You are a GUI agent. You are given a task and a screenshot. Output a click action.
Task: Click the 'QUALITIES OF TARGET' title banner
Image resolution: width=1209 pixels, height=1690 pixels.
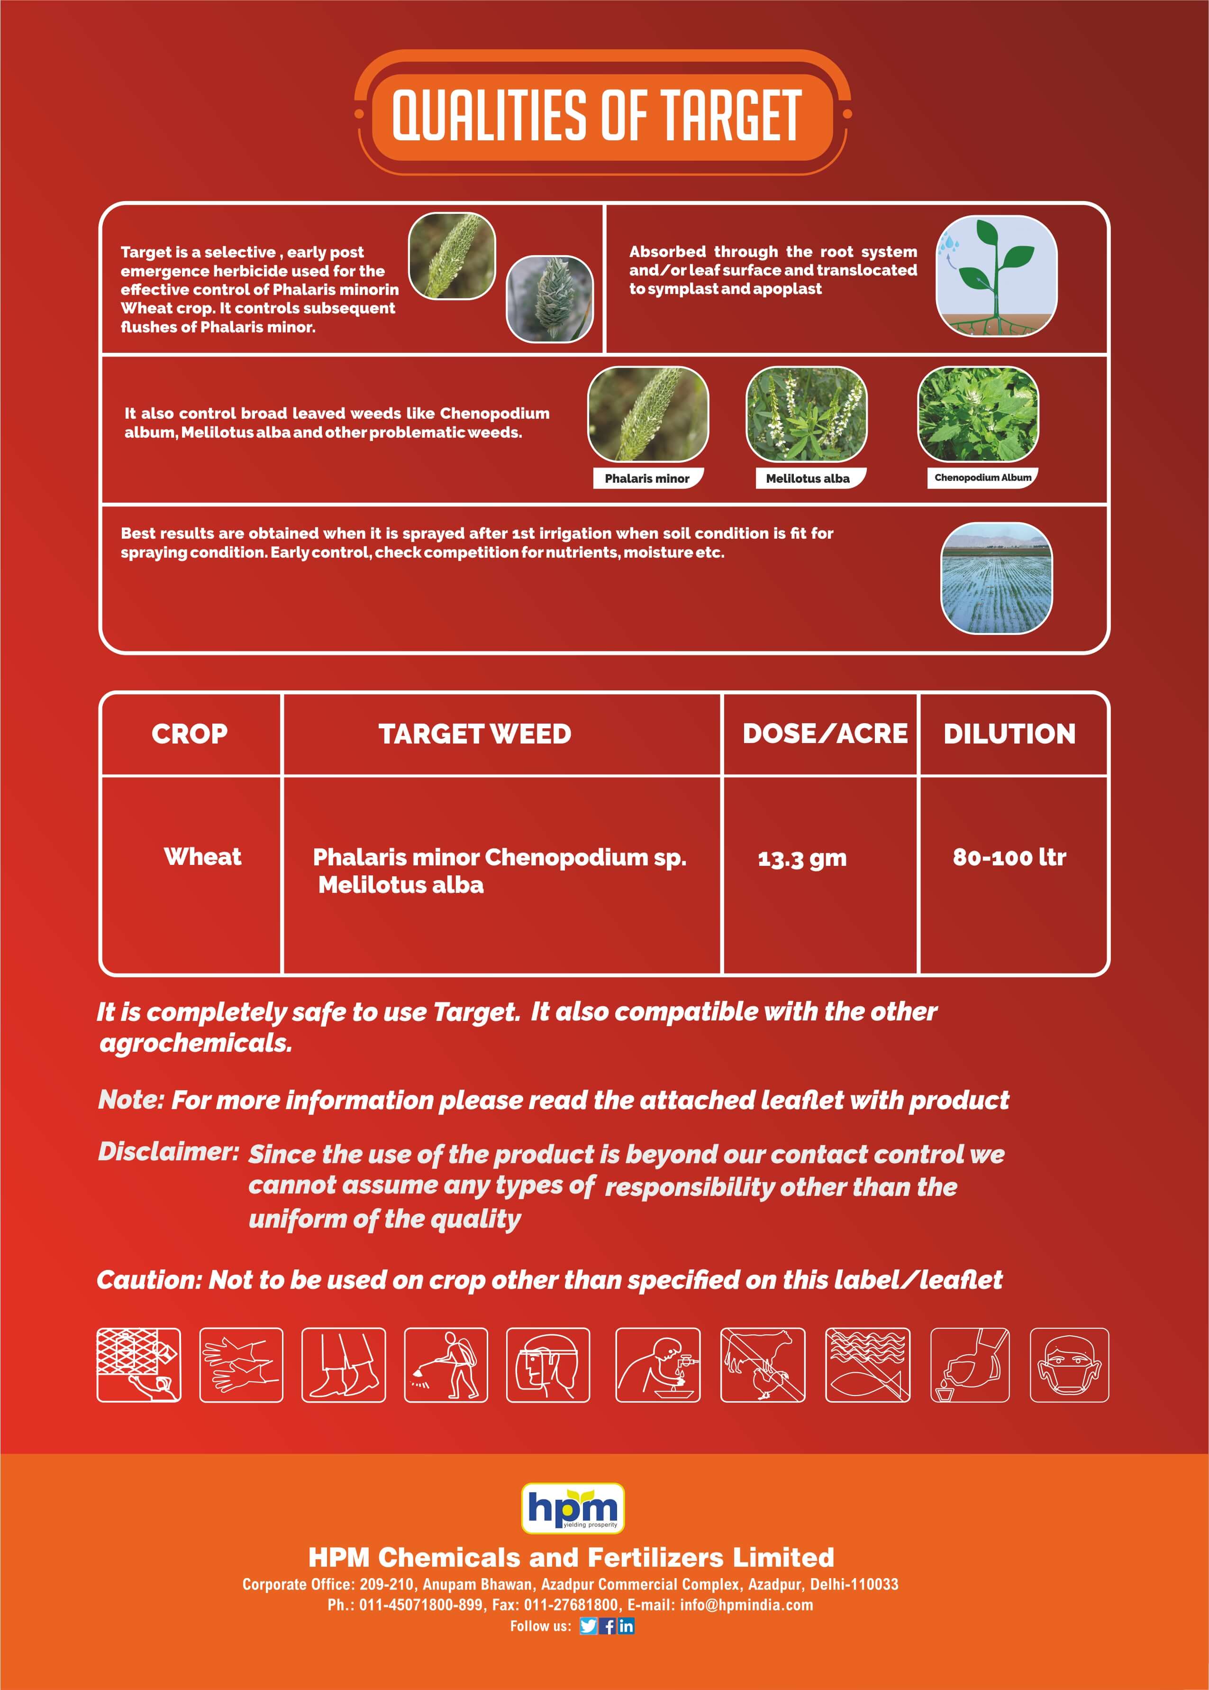click(601, 113)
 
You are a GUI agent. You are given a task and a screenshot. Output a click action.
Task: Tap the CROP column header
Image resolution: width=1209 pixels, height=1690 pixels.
click(190, 734)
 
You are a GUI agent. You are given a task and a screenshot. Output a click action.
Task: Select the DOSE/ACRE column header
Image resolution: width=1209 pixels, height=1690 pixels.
click(825, 734)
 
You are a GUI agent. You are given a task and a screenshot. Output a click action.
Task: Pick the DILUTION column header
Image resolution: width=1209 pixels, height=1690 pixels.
click(1009, 734)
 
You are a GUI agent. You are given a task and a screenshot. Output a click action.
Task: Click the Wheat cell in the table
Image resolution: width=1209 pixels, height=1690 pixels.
click(202, 856)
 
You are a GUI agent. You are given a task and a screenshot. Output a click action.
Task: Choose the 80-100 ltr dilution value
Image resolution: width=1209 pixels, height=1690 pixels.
click(1009, 857)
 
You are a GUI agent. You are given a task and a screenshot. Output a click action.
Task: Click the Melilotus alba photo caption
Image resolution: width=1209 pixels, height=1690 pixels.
click(808, 478)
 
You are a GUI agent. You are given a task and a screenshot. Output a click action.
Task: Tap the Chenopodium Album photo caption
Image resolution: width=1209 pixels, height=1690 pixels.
click(982, 478)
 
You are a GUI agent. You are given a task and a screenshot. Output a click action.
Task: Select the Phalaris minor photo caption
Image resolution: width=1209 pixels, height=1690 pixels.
click(647, 478)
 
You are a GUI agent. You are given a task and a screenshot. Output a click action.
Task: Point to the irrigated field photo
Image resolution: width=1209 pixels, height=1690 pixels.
click(996, 579)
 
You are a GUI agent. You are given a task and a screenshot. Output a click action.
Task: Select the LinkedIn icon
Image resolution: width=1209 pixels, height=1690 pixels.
click(626, 1626)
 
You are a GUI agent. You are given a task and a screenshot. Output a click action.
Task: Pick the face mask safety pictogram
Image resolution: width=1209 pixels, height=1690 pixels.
click(1069, 1365)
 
